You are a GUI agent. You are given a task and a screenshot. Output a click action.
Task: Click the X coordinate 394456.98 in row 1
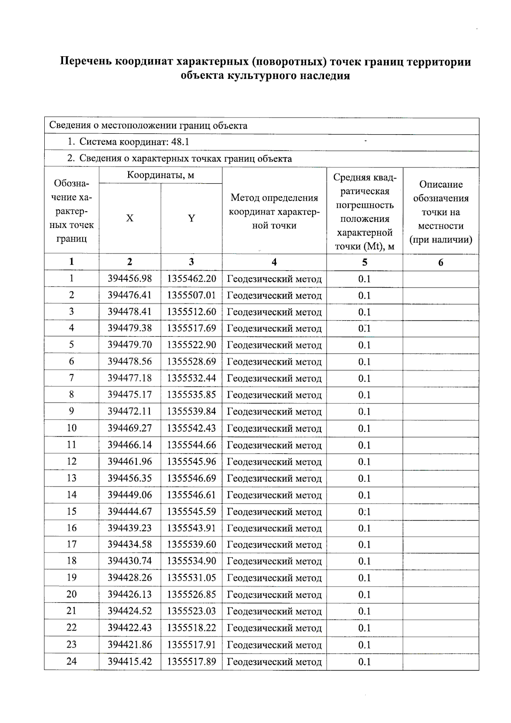coord(129,279)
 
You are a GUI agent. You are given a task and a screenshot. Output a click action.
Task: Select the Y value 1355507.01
coord(191,295)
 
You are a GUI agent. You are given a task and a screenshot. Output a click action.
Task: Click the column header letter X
coord(129,218)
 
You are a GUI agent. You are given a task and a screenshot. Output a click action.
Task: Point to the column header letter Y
coord(192,218)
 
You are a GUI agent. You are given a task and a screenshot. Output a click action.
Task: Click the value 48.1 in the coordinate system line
coord(180,142)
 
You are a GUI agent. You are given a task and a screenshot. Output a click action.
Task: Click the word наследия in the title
coord(326,76)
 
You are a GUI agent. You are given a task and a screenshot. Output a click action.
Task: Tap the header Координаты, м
coord(161,175)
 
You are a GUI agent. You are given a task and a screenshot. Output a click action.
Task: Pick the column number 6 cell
coord(440,262)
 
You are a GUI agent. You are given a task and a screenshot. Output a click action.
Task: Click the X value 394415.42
coord(129,661)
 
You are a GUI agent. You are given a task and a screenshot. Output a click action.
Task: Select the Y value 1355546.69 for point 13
coord(191,478)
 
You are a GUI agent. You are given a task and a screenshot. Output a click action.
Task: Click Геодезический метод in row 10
coord(274,428)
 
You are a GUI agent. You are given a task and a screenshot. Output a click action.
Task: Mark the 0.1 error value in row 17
coord(364,544)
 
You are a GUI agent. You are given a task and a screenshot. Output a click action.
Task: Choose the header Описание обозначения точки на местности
coord(440,212)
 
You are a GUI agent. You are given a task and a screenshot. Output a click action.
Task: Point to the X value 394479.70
coord(129,345)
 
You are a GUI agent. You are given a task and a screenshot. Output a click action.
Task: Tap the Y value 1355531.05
coord(191,578)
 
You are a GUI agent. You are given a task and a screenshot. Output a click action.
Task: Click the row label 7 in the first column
coord(72,378)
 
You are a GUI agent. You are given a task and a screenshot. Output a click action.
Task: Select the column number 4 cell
coord(274,262)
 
